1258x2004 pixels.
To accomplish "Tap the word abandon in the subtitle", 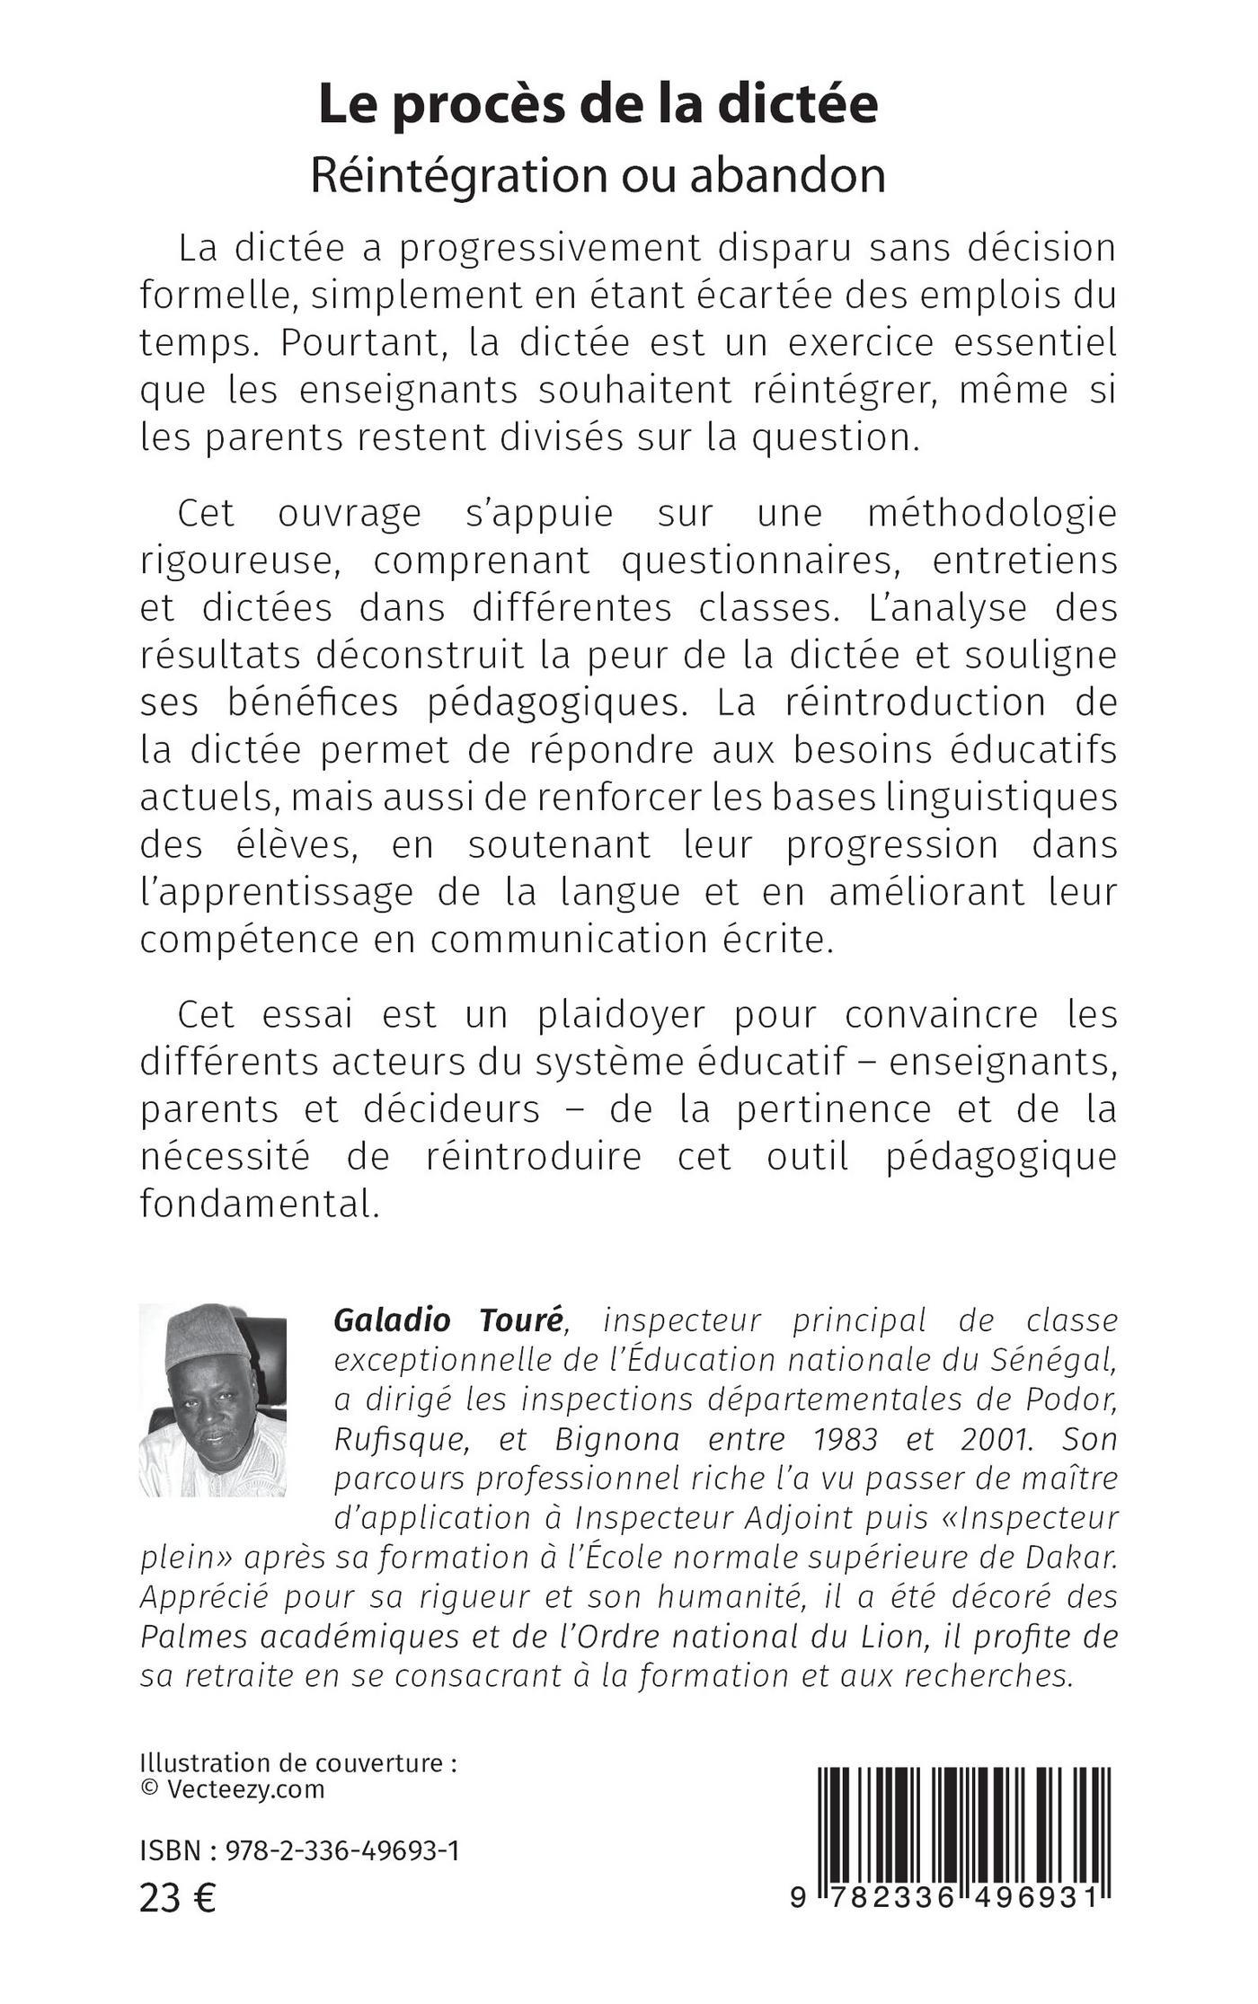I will [x=787, y=175].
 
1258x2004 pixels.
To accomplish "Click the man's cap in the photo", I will [x=206, y=1336].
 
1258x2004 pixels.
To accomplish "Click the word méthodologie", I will [x=992, y=513].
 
